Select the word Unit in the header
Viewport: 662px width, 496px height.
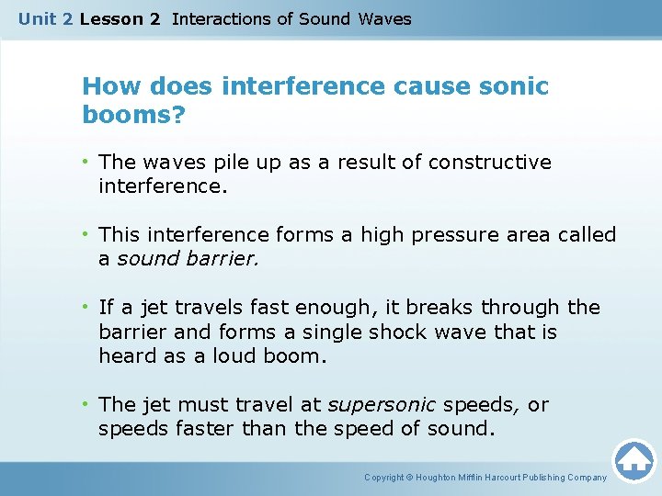36,18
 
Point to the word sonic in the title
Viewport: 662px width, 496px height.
512,87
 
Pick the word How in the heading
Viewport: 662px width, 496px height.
108,87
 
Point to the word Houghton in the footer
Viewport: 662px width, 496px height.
441,478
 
